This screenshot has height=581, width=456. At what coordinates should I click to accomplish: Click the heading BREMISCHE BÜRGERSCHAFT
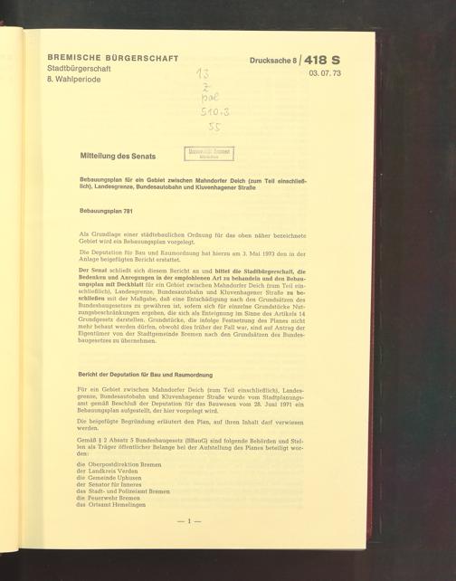click(112, 57)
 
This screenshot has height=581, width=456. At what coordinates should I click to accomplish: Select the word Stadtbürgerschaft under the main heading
click(79, 68)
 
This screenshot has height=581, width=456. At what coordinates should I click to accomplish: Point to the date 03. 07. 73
click(327, 73)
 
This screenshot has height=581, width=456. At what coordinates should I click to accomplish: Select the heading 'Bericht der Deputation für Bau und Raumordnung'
click(145, 374)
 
